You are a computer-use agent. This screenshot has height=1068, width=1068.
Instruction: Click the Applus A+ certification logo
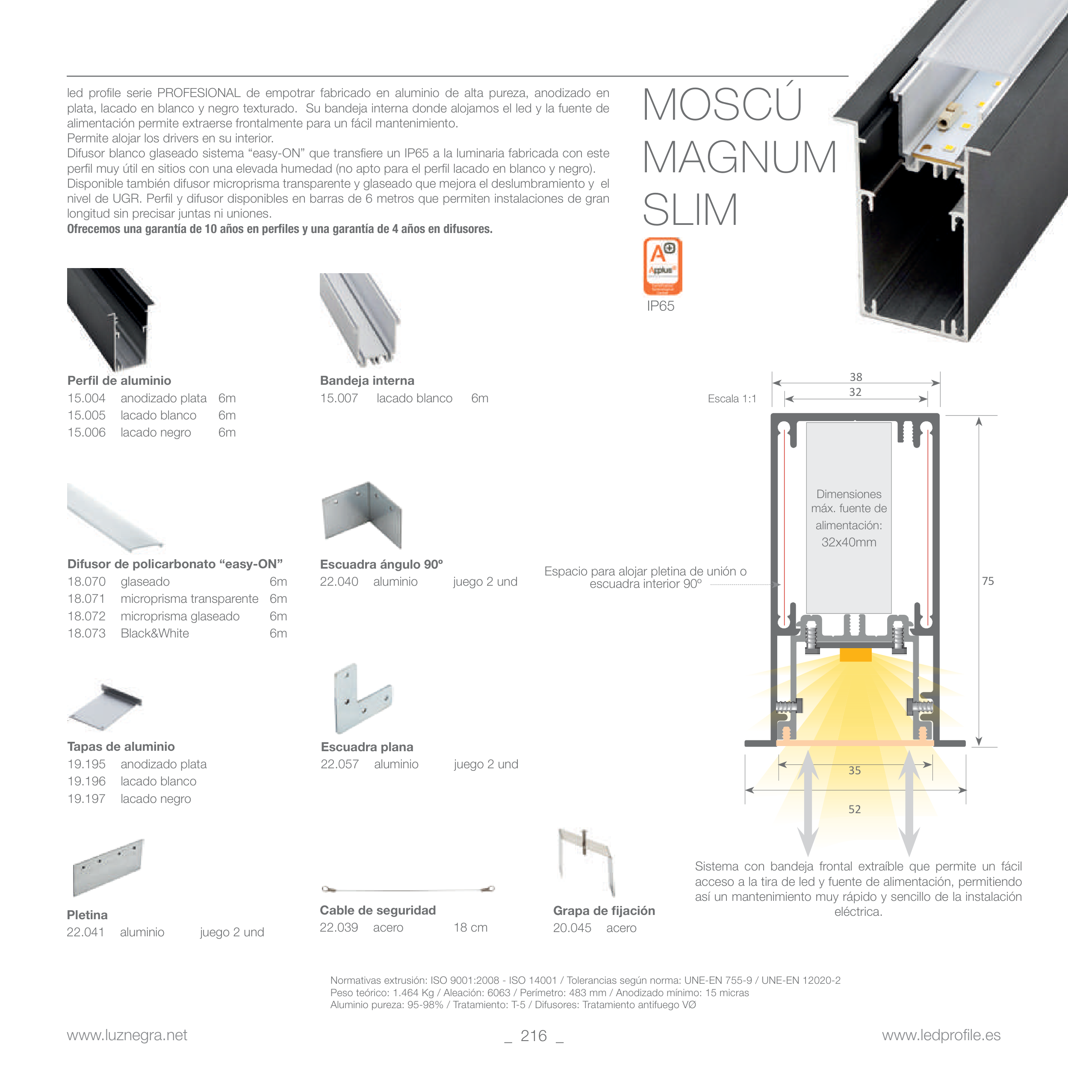pos(662,266)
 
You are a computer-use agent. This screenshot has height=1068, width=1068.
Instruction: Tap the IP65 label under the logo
pos(661,306)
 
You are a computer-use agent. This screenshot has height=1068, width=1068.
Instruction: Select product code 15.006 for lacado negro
pos(86,432)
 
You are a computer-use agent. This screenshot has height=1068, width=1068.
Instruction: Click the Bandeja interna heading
pos(367,381)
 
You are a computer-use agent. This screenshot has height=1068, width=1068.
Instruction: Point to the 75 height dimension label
pos(988,581)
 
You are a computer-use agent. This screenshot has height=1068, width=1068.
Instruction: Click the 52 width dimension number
pos(855,809)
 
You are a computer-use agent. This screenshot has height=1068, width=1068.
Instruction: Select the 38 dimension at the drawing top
pos(856,377)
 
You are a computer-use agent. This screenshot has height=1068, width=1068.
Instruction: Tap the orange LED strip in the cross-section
pos(855,655)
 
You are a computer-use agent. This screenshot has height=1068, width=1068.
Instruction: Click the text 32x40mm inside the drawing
pos(849,542)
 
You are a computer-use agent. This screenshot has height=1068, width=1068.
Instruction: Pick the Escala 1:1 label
pos(732,398)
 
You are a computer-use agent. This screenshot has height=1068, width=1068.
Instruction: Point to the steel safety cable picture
pos(408,889)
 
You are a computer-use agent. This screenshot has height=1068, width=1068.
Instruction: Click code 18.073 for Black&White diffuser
pos(86,634)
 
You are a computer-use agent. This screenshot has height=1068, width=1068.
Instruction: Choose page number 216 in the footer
pos(534,1036)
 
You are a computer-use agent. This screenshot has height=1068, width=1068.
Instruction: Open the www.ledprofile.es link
pos(941,1036)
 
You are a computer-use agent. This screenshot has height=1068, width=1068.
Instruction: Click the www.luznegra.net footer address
pos(127,1036)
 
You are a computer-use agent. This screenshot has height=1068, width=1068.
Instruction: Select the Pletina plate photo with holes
pos(108,868)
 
